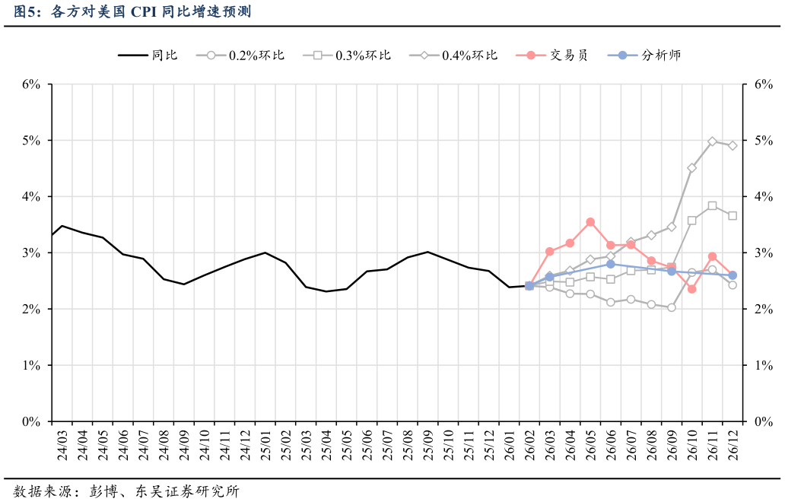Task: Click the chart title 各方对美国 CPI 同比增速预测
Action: click(x=133, y=11)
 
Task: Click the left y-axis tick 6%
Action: click(x=30, y=84)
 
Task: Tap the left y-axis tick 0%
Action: click(x=30, y=421)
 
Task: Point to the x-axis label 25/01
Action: click(x=265, y=444)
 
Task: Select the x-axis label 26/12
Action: click(x=733, y=444)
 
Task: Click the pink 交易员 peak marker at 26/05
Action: click(x=590, y=222)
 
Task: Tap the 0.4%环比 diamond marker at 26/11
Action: click(x=712, y=141)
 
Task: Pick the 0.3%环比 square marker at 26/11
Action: click(x=712, y=205)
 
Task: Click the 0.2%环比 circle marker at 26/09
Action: click(x=672, y=307)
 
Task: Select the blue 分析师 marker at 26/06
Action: click(x=611, y=264)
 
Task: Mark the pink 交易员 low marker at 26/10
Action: click(x=691, y=289)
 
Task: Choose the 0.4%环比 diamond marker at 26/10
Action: click(x=691, y=168)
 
